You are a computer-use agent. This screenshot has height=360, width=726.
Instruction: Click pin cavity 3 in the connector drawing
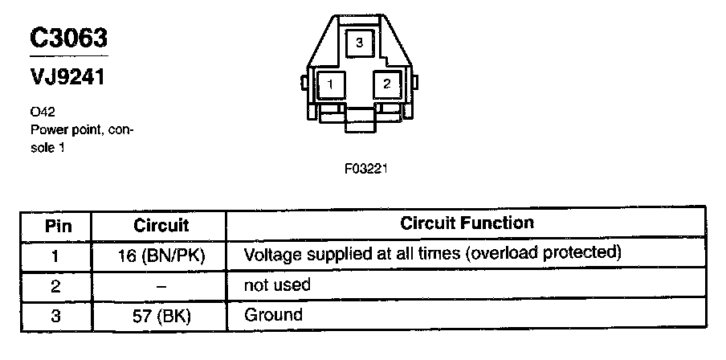point(360,42)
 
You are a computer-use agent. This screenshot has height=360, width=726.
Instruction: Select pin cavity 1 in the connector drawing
point(330,83)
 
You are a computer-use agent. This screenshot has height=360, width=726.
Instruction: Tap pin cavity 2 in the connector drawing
point(387,83)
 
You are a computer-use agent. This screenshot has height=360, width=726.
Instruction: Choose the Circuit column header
point(161,226)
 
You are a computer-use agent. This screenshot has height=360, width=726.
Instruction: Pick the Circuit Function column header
point(467,223)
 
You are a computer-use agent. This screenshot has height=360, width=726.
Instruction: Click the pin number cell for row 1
point(55,256)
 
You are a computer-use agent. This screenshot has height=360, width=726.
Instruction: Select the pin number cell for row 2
point(55,285)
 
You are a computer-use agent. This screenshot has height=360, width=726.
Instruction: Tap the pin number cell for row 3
point(55,315)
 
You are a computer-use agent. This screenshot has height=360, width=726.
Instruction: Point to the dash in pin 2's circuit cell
point(161,285)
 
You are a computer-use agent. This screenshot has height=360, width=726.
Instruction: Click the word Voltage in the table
point(270,255)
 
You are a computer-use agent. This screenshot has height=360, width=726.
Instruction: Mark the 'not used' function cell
point(276,285)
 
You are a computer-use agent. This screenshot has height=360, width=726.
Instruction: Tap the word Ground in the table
point(272,315)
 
